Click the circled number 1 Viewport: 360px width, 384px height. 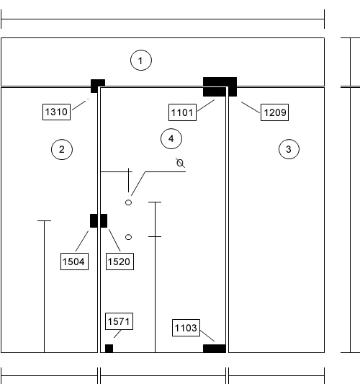point(141,61)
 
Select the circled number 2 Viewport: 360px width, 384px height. point(62,149)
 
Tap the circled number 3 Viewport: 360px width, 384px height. point(289,149)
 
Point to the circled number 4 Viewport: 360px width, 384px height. point(171,138)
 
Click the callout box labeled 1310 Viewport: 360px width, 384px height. point(57,112)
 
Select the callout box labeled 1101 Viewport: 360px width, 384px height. point(183,112)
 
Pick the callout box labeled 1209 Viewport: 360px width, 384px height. point(274,112)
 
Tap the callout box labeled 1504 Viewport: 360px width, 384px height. point(74,262)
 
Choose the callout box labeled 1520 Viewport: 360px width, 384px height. point(120,262)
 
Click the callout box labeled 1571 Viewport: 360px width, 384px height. point(120,321)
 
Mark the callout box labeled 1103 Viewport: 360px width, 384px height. point(186,328)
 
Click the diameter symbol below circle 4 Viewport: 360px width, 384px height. point(181,163)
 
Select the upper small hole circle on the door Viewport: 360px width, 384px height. point(128,202)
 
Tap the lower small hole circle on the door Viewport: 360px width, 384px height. point(128,237)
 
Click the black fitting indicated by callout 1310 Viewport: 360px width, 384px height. point(98,86)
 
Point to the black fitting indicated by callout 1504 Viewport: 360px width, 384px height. point(94,221)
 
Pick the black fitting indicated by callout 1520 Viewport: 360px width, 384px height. point(104,221)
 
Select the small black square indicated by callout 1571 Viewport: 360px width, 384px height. point(109,349)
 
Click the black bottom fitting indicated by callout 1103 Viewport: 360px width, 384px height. point(215,349)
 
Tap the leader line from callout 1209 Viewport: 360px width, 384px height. point(251,107)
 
